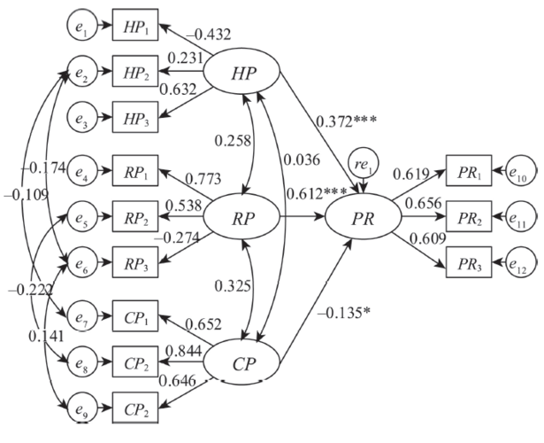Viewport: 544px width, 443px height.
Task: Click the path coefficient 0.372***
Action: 346,121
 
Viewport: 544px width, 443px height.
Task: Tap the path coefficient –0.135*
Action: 344,313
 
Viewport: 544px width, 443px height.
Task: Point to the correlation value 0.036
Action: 302,159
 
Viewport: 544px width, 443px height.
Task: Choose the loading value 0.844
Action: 184,351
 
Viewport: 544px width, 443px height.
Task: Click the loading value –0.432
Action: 209,35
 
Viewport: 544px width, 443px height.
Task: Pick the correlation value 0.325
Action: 233,286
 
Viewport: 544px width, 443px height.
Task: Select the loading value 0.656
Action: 424,204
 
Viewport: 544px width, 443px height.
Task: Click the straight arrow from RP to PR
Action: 303,217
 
